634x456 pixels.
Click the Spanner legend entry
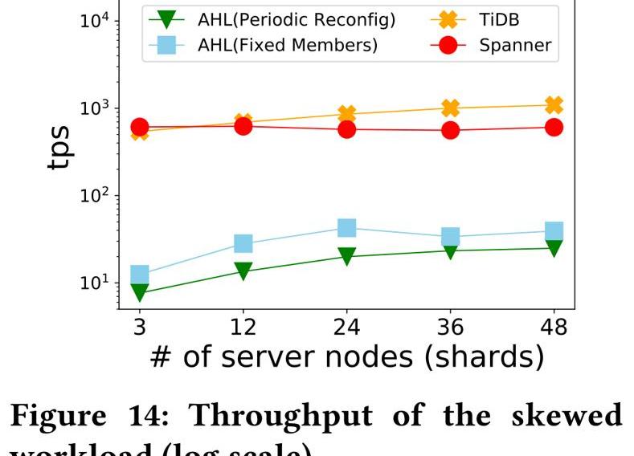(x=515, y=45)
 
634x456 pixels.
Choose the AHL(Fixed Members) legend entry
(x=287, y=45)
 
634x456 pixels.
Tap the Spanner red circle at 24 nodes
(x=346, y=128)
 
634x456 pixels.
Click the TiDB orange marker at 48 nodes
(x=554, y=105)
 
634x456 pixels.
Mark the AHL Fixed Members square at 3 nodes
(x=140, y=275)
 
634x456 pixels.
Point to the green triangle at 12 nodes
(x=243, y=271)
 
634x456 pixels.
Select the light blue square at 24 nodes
(x=346, y=228)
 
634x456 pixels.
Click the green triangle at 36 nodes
(x=450, y=251)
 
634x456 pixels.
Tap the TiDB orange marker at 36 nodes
(x=450, y=108)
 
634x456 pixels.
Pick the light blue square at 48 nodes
(x=554, y=231)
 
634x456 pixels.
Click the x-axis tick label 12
(x=243, y=327)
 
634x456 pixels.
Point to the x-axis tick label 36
(x=450, y=327)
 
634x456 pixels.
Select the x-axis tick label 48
(x=554, y=327)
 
